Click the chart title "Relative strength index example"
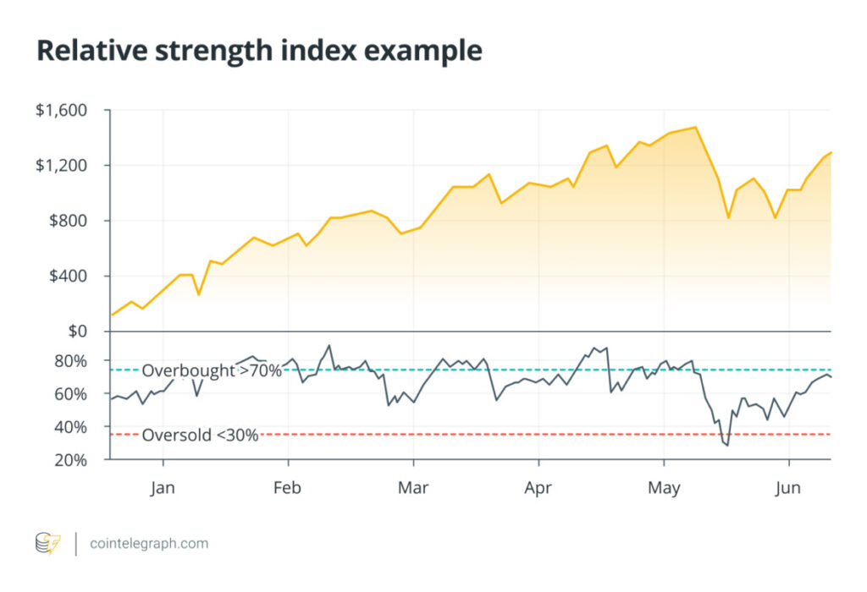pyautogui.click(x=259, y=52)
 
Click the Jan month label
pyautogui.click(x=163, y=488)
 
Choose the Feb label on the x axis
pyautogui.click(x=288, y=488)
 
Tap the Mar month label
pyautogui.click(x=413, y=488)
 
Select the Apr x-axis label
pyautogui.click(x=538, y=488)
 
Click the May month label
pyautogui.click(x=664, y=488)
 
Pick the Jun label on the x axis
pyautogui.click(x=789, y=488)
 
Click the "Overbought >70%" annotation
pyautogui.click(x=211, y=370)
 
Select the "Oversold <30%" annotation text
pyautogui.click(x=200, y=436)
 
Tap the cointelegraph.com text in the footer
pyautogui.click(x=149, y=544)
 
